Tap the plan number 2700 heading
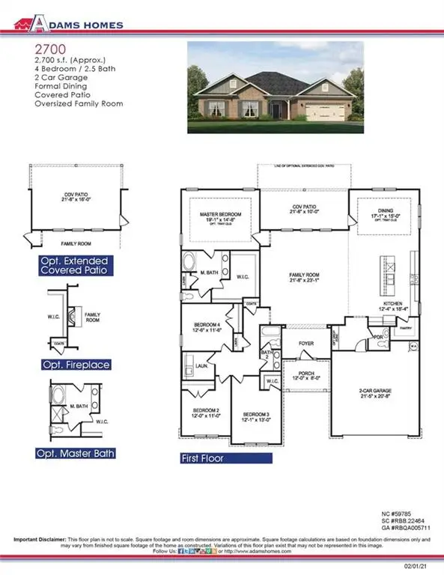coord(44,46)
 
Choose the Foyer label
coord(307,344)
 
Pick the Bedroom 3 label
coord(255,416)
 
